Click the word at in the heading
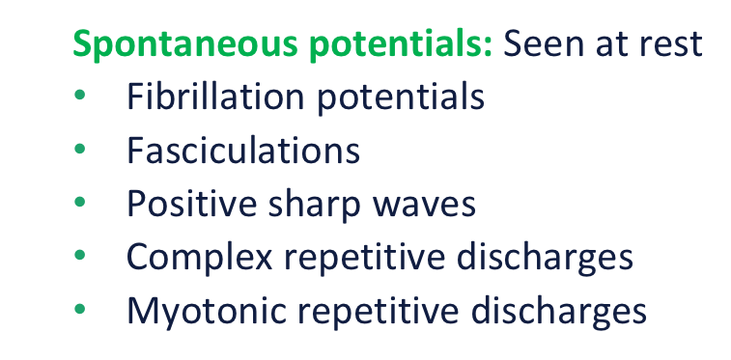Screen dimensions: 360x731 616,44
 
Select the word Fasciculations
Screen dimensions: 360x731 243,152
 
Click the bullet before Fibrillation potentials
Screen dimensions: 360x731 80,98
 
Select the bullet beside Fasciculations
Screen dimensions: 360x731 80,152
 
